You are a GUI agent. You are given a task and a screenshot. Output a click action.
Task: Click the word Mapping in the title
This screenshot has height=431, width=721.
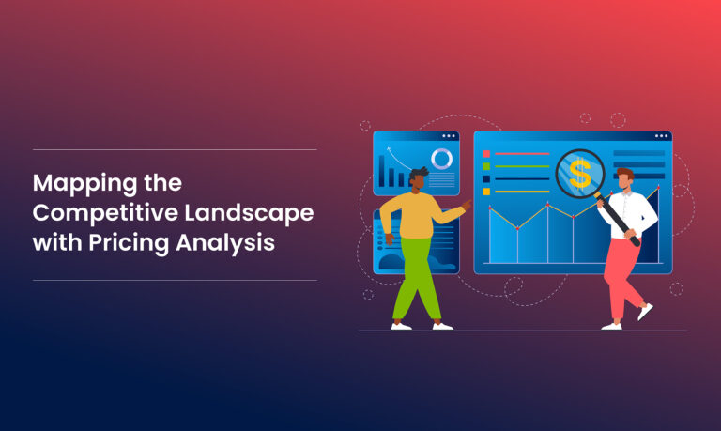[x=80, y=182]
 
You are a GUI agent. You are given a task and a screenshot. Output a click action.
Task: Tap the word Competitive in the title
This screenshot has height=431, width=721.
[x=97, y=212]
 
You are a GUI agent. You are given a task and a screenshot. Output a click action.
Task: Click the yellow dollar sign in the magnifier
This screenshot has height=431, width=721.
[x=579, y=173]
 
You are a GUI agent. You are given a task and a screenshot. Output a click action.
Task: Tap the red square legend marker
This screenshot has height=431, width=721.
[x=486, y=153]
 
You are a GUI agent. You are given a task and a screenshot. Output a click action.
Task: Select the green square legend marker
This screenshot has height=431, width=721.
[x=486, y=166]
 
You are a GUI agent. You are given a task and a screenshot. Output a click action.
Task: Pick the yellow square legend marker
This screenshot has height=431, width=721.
[x=486, y=192]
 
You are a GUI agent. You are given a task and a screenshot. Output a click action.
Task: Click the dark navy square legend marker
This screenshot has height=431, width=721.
[x=486, y=178]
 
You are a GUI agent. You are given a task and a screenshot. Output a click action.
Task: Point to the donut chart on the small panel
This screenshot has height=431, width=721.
[x=441, y=159]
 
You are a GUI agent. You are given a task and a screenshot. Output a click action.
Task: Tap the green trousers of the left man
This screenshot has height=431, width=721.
[x=416, y=278]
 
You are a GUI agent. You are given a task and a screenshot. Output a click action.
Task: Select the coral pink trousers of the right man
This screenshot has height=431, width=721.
[x=623, y=273]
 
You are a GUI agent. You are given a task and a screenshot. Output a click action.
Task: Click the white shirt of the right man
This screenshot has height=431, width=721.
[x=631, y=212]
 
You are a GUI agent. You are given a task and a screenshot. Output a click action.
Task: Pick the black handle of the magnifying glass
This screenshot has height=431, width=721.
[x=621, y=220]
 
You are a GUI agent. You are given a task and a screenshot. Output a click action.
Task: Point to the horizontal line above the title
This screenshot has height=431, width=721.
[x=175, y=149]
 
